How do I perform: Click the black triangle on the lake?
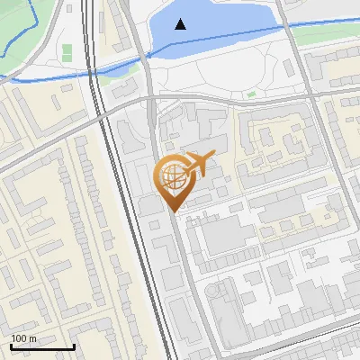tap(181, 24)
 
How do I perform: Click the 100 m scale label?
tap(23, 338)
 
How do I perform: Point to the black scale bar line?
tap(41, 346)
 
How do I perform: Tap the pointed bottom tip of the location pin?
tap(173, 211)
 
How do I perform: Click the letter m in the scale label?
tap(32, 338)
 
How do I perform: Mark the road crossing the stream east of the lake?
tap(282, 28)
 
